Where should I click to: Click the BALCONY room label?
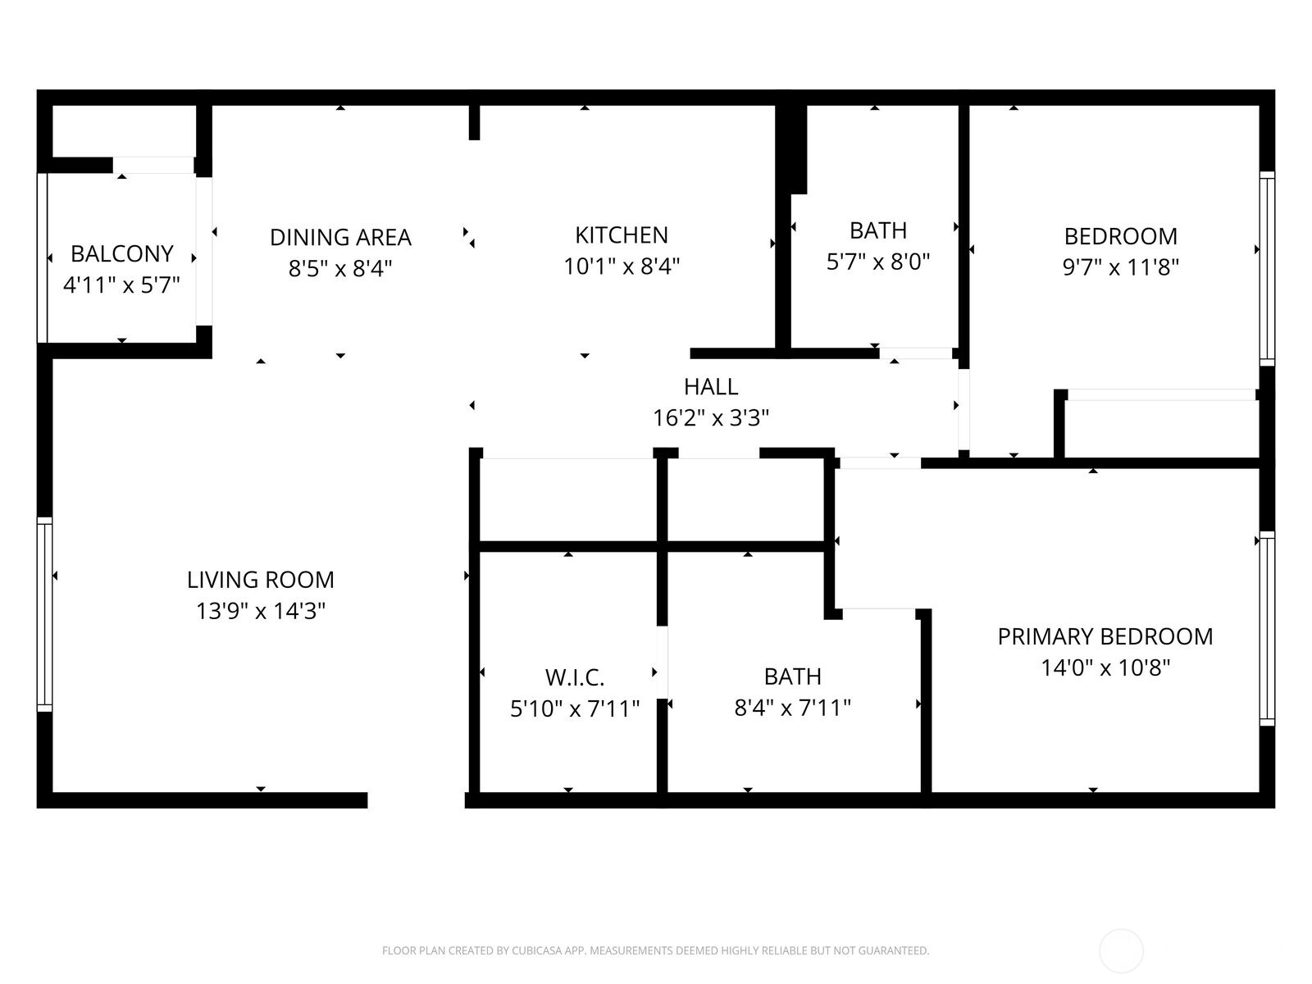point(121,253)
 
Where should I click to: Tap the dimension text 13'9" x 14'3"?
point(261,611)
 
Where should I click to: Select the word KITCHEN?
point(621,235)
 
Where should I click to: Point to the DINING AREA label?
point(340,237)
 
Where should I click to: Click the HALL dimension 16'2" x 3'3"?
point(710,418)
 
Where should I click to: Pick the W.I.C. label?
point(574,677)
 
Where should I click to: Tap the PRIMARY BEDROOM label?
point(1105,636)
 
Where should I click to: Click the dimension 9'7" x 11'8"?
point(1120,267)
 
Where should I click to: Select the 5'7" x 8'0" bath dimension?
point(877,262)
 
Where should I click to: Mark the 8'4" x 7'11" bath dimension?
point(792,708)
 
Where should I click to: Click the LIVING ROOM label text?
point(261,580)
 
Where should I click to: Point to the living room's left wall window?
point(44,614)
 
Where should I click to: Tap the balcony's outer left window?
point(43,257)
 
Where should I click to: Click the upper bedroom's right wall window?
point(1267,269)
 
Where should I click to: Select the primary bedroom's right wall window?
point(1267,628)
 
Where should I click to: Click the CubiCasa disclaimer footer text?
point(655,951)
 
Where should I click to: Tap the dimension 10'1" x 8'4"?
point(621,266)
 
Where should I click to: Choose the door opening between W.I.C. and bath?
point(662,662)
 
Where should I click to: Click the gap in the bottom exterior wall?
point(416,800)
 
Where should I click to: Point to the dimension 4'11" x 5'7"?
point(121,285)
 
